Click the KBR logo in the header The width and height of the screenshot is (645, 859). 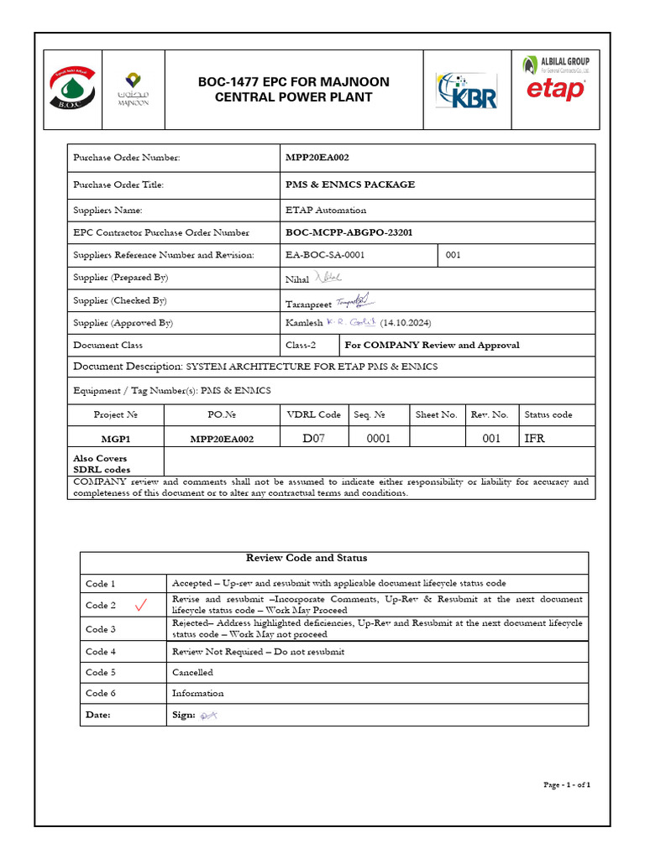pyautogui.click(x=466, y=91)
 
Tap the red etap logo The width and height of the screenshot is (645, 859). pyautogui.click(x=555, y=90)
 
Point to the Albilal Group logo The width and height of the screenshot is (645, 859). pyautogui.click(x=555, y=64)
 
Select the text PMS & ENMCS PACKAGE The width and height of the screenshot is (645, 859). pyautogui.click(x=350, y=185)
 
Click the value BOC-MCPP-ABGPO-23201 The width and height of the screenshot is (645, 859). pyautogui.click(x=349, y=232)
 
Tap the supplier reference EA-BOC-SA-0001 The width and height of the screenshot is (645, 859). pyautogui.click(x=325, y=255)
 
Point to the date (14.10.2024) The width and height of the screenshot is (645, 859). pyautogui.click(x=406, y=323)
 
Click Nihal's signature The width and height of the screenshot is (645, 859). pyautogui.click(x=328, y=278)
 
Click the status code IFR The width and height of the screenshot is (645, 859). pyautogui.click(x=534, y=438)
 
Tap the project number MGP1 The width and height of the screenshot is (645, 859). pyautogui.click(x=115, y=439)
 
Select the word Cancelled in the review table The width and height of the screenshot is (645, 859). pyautogui.click(x=192, y=672)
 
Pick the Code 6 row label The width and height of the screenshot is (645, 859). pyautogui.click(x=101, y=693)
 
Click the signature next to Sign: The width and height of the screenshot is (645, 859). pyautogui.click(x=208, y=715)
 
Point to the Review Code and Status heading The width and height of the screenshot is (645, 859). pyautogui.click(x=306, y=558)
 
